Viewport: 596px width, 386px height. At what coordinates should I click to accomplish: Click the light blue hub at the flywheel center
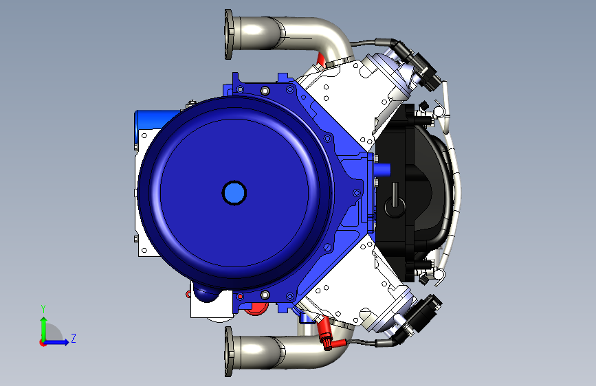(x=234, y=193)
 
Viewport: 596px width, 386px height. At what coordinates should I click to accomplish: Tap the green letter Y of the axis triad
(x=43, y=309)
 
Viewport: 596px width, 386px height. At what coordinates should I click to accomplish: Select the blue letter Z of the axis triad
(x=74, y=338)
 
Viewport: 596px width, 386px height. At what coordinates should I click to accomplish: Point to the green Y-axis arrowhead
(x=44, y=321)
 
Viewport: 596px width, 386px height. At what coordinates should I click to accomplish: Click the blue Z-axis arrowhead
(x=66, y=342)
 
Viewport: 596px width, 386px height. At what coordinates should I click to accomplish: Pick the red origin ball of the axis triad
(x=43, y=343)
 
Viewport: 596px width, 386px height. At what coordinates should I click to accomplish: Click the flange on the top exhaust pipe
(x=228, y=34)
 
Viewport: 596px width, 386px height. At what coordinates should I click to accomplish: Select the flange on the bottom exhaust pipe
(x=228, y=352)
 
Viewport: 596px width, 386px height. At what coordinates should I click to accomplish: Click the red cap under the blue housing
(x=256, y=309)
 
